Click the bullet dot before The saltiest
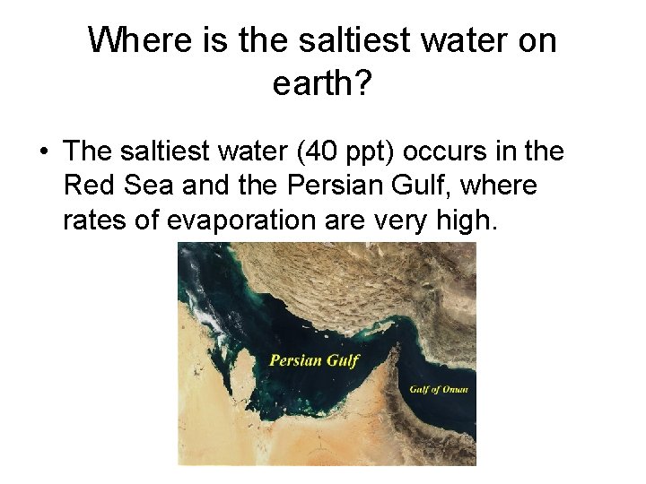pos(43,151)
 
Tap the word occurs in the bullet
pos(433,151)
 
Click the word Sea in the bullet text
pos(142,186)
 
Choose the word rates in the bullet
pos(93,220)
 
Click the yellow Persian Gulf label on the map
pos(314,361)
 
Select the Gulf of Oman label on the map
pos(439,389)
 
